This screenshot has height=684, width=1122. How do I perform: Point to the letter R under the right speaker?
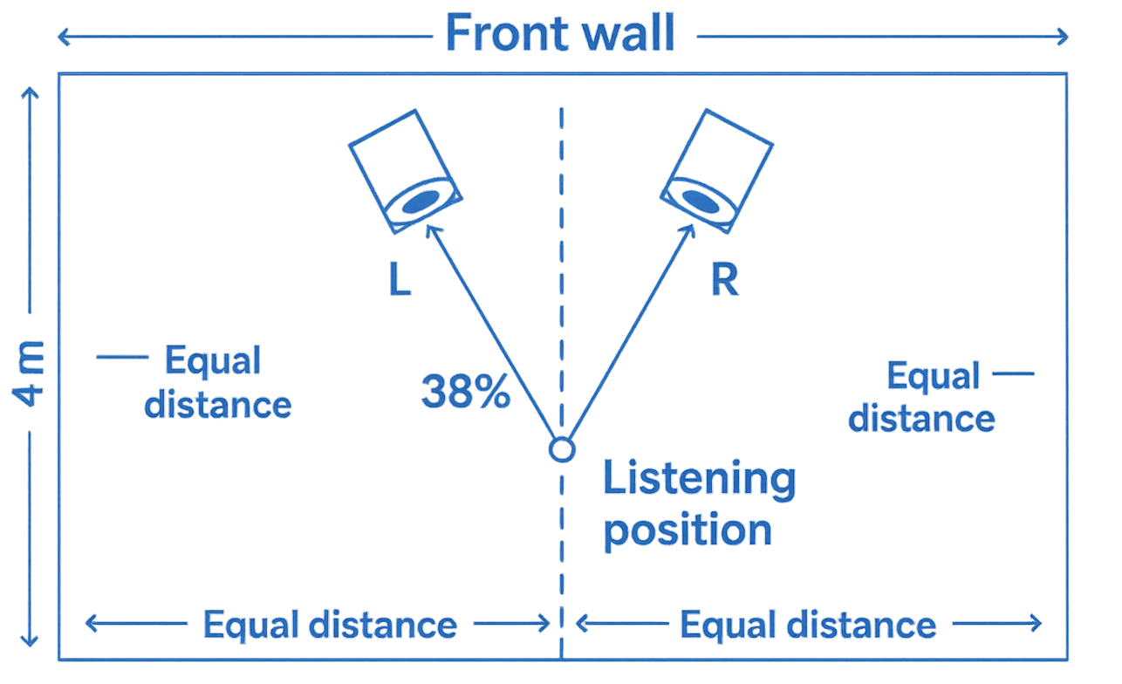pyautogui.click(x=724, y=279)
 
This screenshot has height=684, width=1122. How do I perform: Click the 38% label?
pyautogui.click(x=465, y=393)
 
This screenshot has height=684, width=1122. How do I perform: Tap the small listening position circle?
pyautogui.click(x=560, y=449)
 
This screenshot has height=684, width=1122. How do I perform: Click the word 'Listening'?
pyautogui.click(x=699, y=482)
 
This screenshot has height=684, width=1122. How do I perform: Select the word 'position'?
pyautogui.click(x=688, y=530)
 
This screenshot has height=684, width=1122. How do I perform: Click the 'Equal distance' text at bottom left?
pyautogui.click(x=330, y=625)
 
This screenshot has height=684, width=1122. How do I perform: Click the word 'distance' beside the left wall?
pyautogui.click(x=218, y=404)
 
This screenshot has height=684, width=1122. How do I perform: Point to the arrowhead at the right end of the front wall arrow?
pyautogui.click(x=1062, y=37)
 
